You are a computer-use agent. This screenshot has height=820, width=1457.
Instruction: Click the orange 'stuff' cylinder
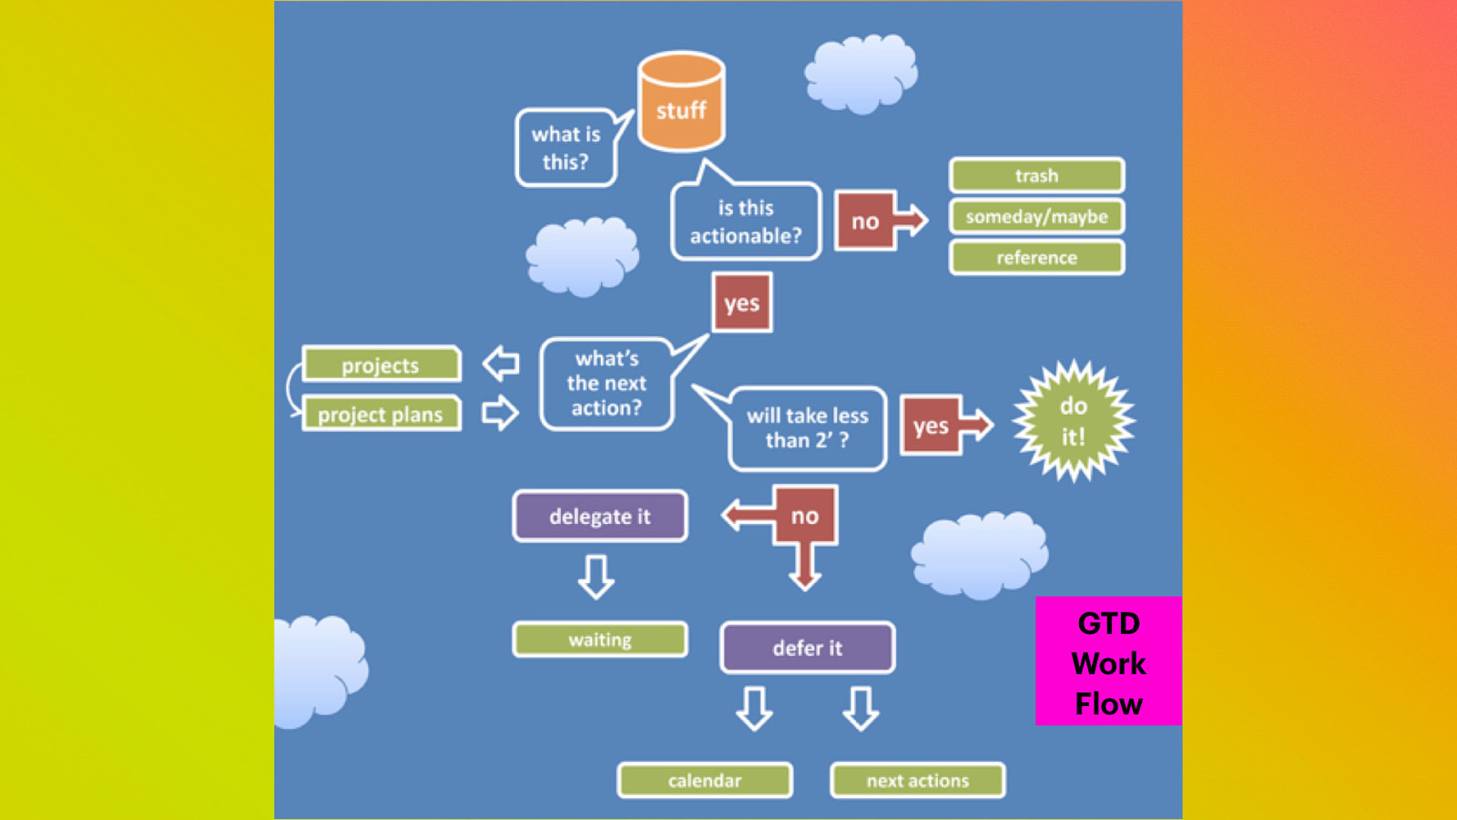(x=681, y=102)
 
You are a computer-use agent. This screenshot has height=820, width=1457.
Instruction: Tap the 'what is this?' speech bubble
(x=565, y=148)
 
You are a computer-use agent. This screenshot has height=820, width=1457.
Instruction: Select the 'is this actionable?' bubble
(x=746, y=221)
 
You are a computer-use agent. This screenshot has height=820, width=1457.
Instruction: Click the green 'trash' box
(x=1036, y=175)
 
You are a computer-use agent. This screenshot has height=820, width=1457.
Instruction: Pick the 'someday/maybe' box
(x=1036, y=217)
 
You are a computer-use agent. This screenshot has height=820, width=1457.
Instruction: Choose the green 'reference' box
(x=1036, y=258)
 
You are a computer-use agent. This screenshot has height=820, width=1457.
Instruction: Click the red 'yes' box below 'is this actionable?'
(x=742, y=302)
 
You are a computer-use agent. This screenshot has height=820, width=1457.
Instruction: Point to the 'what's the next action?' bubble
(x=606, y=384)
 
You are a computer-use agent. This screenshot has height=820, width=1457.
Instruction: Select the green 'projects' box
(x=381, y=364)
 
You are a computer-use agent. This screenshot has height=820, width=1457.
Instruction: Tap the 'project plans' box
(x=381, y=415)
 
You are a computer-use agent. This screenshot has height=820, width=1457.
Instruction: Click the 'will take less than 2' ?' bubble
(x=808, y=428)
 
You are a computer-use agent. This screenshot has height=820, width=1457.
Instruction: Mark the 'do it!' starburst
(x=1074, y=421)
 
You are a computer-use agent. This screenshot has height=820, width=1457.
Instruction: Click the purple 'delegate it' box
(x=600, y=517)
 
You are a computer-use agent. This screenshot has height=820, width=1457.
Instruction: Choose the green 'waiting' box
(x=600, y=640)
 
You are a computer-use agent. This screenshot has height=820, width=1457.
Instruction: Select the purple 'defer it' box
(x=808, y=648)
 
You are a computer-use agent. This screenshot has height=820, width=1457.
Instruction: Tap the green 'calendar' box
(x=705, y=780)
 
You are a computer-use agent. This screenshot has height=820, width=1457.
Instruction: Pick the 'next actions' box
(x=918, y=780)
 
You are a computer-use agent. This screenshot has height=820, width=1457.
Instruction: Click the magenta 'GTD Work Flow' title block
(x=1108, y=661)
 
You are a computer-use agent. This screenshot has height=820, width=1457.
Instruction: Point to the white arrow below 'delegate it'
(x=596, y=577)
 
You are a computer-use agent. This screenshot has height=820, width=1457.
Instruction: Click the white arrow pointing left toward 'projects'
(x=501, y=364)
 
